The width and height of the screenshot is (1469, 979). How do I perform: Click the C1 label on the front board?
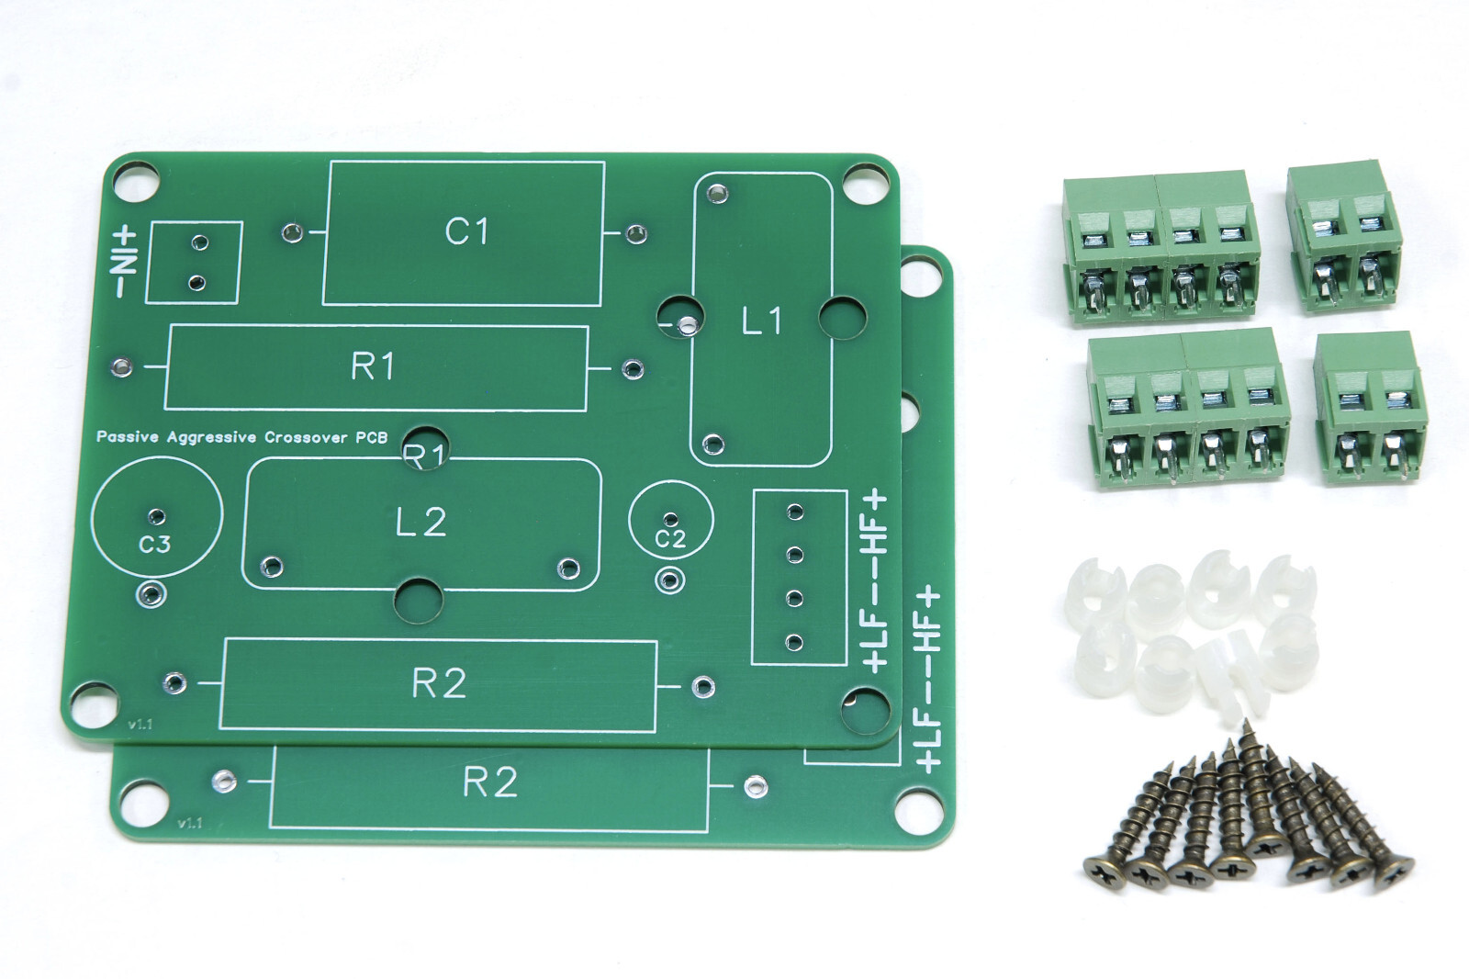(465, 231)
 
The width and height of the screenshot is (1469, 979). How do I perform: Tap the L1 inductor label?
(761, 321)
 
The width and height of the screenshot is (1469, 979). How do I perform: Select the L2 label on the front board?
(421, 523)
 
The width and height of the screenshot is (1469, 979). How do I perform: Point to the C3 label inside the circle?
(154, 545)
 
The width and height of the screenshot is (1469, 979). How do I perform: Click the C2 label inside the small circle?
(670, 539)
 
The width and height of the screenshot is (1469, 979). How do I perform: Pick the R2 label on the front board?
(439, 683)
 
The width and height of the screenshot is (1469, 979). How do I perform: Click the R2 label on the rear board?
(489, 782)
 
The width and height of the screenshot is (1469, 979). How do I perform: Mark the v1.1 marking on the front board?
(140, 725)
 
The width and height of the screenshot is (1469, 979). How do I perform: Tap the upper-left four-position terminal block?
(1161, 250)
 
